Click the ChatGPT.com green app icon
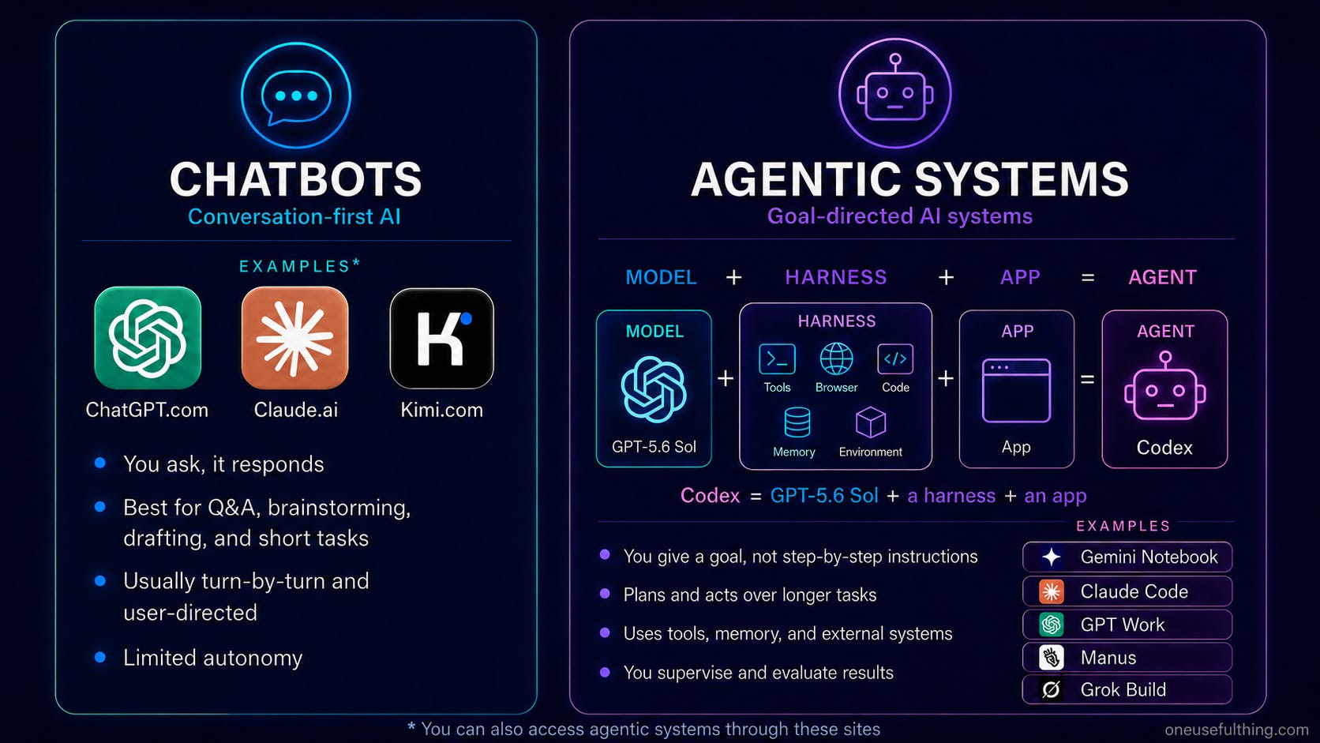pos(148,338)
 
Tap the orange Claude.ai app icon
pos(294,338)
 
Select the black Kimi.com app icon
pos(442,338)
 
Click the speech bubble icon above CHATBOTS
pos(296,96)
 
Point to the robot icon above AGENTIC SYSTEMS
pos(895,92)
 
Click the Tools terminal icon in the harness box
pos(778,358)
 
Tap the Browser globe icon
pos(836,358)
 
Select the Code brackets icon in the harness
pos(895,358)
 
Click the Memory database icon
pos(797,422)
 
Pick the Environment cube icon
pos(870,422)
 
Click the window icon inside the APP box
pos(1017,390)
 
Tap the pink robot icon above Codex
pos(1165,386)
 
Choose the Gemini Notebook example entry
pos(1127,557)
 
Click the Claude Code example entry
pos(1127,591)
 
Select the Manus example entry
pos(1127,657)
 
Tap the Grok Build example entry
pos(1127,689)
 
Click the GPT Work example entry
pos(1127,624)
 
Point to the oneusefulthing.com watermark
pos(1236,730)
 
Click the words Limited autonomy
pos(212,658)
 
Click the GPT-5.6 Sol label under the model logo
pos(654,447)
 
